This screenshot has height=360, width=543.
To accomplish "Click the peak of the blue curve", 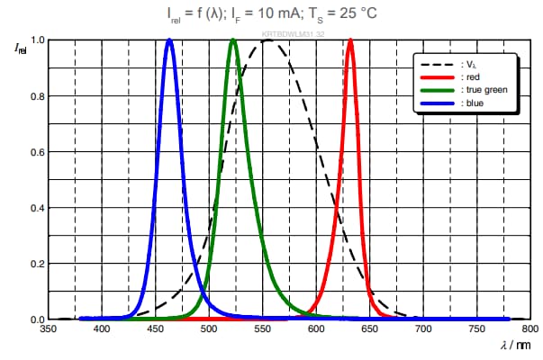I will pyautogui.click(x=169, y=40).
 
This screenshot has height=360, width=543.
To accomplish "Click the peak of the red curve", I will pyautogui.click(x=350, y=40).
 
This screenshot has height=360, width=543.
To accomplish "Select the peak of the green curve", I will pyautogui.click(x=233, y=40).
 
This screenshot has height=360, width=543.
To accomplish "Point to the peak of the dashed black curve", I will pyautogui.click(x=268, y=40).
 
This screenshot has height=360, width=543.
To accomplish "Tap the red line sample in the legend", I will pyautogui.click(x=439, y=78).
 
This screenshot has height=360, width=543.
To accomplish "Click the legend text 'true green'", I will pyautogui.click(x=484, y=90).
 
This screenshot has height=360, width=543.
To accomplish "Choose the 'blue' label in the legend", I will pyautogui.click(x=475, y=103).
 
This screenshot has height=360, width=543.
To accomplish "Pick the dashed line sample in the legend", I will pyautogui.click(x=439, y=66).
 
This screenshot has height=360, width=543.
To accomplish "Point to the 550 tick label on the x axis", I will pyautogui.click(x=263, y=330).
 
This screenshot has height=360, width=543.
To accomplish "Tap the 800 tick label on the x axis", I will pyautogui.click(x=530, y=330).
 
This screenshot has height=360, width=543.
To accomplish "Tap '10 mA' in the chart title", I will pyautogui.click(x=274, y=14).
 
